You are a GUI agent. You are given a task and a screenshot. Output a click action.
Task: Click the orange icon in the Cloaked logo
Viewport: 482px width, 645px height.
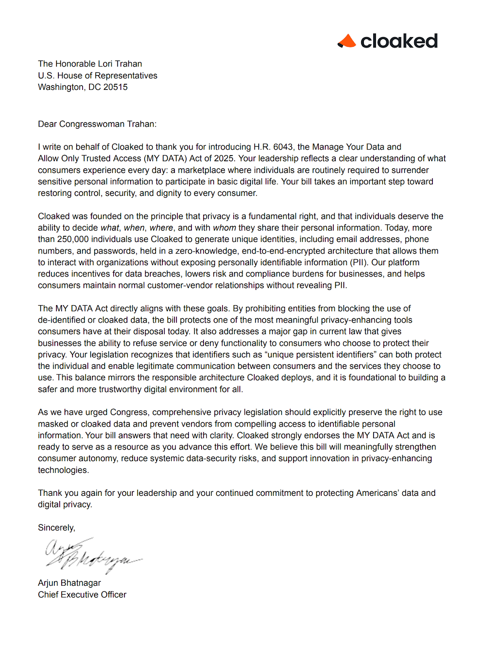[x=347, y=41]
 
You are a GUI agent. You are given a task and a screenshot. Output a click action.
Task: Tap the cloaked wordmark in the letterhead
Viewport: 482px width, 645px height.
[x=399, y=41]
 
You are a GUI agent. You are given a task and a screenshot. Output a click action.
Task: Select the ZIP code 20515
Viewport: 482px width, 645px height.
[x=115, y=87]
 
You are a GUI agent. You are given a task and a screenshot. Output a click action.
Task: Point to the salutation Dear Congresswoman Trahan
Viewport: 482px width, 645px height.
[x=97, y=124]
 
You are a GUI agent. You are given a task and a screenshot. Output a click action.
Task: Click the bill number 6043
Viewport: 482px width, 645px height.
[x=283, y=147]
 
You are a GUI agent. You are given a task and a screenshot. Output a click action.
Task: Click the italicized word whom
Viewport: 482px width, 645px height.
[x=224, y=228]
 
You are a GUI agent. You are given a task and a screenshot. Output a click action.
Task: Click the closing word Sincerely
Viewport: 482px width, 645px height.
[x=56, y=528]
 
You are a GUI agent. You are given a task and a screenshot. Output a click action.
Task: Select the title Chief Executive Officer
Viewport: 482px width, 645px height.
[x=82, y=595]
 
